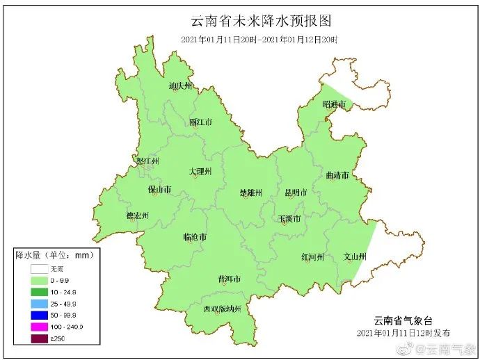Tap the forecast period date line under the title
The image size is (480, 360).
click(259, 40)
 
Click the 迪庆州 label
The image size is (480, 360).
click(180, 87)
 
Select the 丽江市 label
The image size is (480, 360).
click(200, 122)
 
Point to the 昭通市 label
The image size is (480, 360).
click(334, 104)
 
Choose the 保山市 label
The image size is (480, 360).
click(159, 189)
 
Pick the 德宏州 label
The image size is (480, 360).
click(137, 215)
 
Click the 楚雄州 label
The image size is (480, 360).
click(250, 193)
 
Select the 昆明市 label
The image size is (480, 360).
click(296, 192)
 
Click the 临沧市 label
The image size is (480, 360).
click(194, 237)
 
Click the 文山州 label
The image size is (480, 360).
click(355, 256)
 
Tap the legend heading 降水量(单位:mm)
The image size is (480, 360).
click(54, 255)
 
